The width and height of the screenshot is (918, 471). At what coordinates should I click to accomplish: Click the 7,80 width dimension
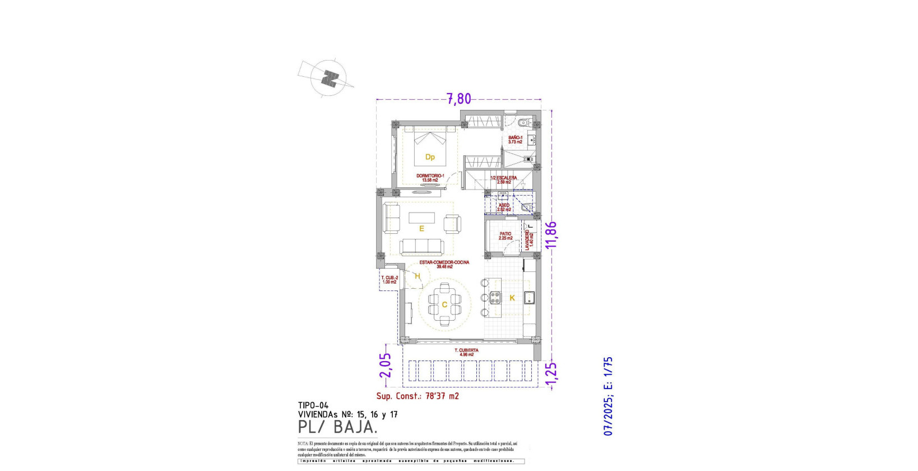click(x=458, y=99)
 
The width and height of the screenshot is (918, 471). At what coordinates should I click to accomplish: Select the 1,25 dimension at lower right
click(x=551, y=373)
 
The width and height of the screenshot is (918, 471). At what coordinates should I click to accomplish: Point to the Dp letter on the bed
click(x=430, y=157)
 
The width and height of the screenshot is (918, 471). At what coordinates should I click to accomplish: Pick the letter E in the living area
click(x=421, y=229)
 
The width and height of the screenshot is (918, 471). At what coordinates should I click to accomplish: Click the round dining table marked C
click(x=444, y=305)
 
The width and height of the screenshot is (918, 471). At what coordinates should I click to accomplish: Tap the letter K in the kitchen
click(x=512, y=298)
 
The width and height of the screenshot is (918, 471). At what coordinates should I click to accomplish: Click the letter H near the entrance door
click(x=418, y=276)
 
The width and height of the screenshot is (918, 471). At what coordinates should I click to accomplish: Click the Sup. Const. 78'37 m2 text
click(x=417, y=396)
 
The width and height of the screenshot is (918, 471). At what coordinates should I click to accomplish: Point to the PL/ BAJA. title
click(x=337, y=427)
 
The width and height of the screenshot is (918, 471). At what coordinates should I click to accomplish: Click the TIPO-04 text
click(x=313, y=405)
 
